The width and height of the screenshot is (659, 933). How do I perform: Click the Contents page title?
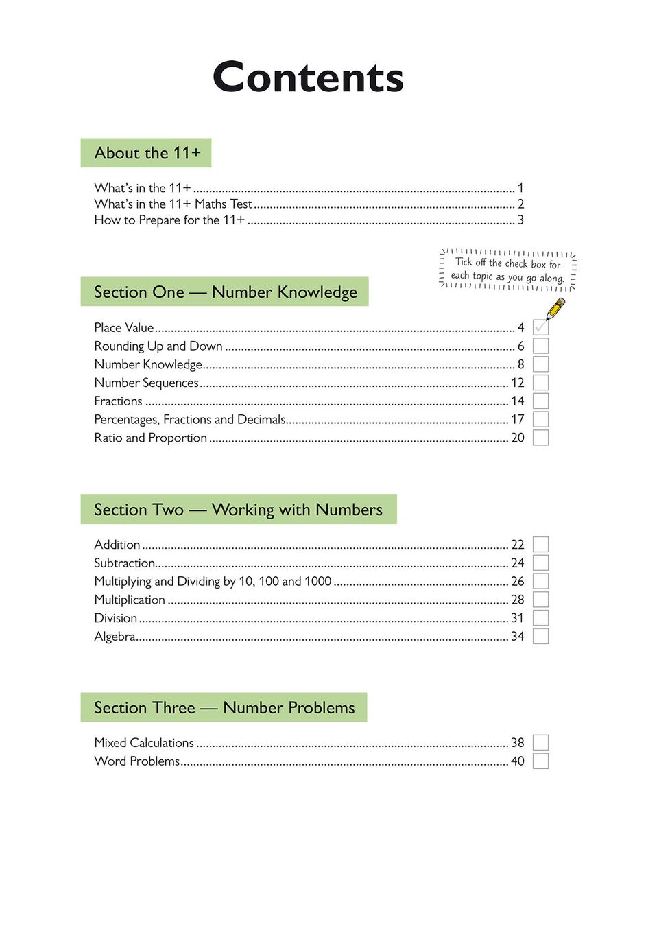[308, 78]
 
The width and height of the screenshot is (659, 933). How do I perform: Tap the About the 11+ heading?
[147, 153]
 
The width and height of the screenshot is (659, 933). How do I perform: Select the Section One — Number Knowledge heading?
[225, 292]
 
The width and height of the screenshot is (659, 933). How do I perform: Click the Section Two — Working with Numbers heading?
[238, 510]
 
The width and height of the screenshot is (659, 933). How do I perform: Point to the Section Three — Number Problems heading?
[224, 708]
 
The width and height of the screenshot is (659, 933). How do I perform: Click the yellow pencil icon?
[555, 309]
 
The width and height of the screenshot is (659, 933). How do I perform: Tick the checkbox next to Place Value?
[540, 328]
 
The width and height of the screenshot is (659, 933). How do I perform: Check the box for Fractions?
[540, 401]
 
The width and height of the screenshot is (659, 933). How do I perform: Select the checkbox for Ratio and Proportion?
[540, 438]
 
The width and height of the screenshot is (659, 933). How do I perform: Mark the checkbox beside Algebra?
[540, 637]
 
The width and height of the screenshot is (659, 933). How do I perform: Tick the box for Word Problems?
[540, 761]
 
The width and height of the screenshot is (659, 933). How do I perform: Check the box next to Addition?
[540, 545]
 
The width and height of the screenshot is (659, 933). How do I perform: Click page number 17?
[517, 419]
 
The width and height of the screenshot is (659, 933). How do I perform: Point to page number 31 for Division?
[517, 618]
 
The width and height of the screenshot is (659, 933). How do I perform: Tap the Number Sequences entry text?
[146, 383]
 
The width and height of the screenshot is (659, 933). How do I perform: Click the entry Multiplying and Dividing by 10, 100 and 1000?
[213, 582]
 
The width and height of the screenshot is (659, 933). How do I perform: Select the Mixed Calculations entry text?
[144, 743]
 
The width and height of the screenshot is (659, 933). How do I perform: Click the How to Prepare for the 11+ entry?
[169, 220]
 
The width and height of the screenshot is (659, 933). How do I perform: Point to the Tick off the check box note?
[507, 270]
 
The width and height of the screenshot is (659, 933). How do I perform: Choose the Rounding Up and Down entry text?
[158, 346]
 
